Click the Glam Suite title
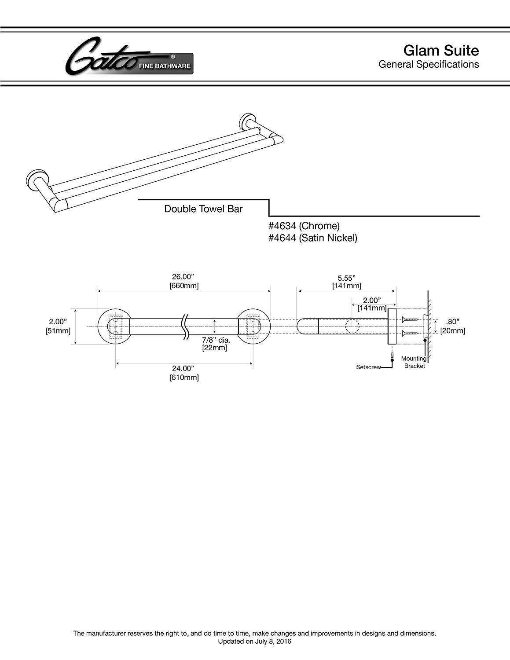440,51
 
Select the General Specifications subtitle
429,64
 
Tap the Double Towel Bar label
203,209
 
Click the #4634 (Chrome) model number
304,226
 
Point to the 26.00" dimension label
183,277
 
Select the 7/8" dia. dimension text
216,340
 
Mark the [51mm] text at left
58,330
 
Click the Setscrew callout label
368,367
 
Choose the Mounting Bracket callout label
414,362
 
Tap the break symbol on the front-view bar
185,326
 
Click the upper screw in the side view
408,319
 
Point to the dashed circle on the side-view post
352,326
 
